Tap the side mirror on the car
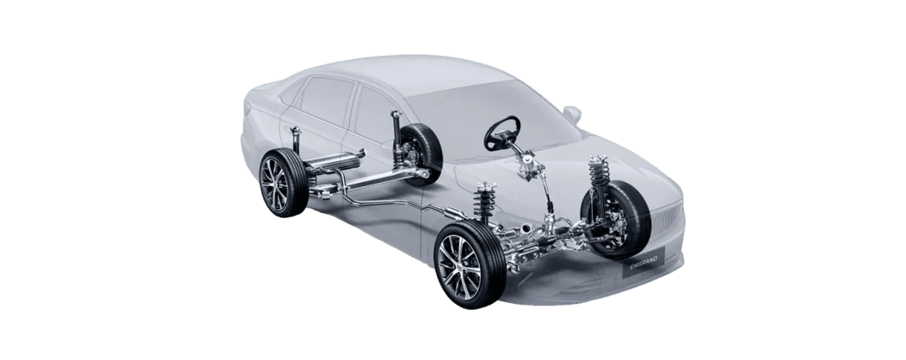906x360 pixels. (x=572, y=114)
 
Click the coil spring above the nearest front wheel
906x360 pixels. (x=485, y=201)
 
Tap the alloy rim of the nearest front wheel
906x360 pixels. (x=460, y=266)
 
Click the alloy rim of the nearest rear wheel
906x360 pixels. (x=274, y=183)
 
